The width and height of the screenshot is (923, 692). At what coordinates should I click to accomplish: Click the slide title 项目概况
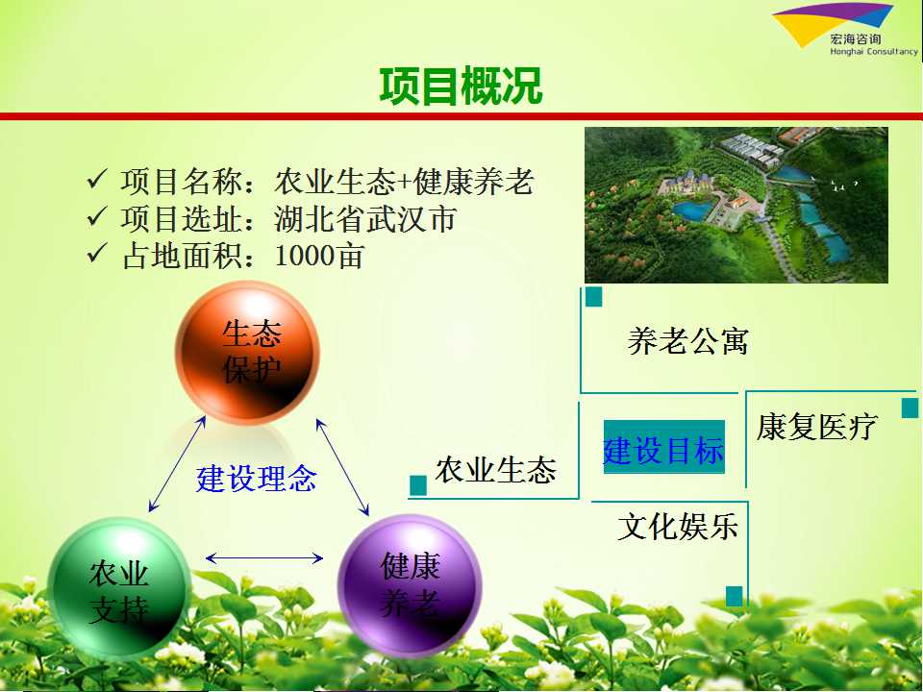pos(461,86)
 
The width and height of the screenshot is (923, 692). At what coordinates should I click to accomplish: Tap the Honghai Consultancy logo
pos(845,30)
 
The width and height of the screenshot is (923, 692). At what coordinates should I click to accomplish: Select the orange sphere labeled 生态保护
pos(247,353)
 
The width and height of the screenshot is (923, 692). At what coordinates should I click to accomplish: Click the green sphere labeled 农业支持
pos(119,588)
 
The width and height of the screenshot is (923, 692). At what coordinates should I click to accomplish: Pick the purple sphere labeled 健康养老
pos(410,585)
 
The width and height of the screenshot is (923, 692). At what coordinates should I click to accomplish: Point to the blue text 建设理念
pos(257,478)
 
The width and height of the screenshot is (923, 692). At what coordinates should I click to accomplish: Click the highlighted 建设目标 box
pos(664,447)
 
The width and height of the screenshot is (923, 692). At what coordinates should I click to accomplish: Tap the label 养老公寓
pos(687,341)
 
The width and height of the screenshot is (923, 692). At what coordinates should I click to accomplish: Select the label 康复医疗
pos(817,427)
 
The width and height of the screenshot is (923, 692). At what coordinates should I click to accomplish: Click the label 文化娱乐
pos(678,526)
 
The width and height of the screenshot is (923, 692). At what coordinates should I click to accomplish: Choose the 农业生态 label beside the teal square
pos(496,470)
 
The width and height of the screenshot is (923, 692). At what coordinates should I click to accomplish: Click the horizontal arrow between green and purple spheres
pos(264,557)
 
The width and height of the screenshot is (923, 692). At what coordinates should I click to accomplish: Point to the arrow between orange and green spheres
pos(177,464)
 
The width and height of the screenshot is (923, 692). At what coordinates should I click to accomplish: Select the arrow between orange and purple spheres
pos(342,467)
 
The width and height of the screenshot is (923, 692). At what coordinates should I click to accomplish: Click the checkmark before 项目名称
pos(97,179)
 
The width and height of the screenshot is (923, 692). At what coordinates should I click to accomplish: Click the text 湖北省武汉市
pos(365,219)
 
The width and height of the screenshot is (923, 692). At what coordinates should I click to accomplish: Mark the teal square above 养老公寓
pos(594,297)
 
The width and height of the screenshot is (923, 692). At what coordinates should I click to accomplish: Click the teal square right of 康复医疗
pos(911,408)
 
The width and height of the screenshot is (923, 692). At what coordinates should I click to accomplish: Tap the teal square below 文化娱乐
pos(734,596)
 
